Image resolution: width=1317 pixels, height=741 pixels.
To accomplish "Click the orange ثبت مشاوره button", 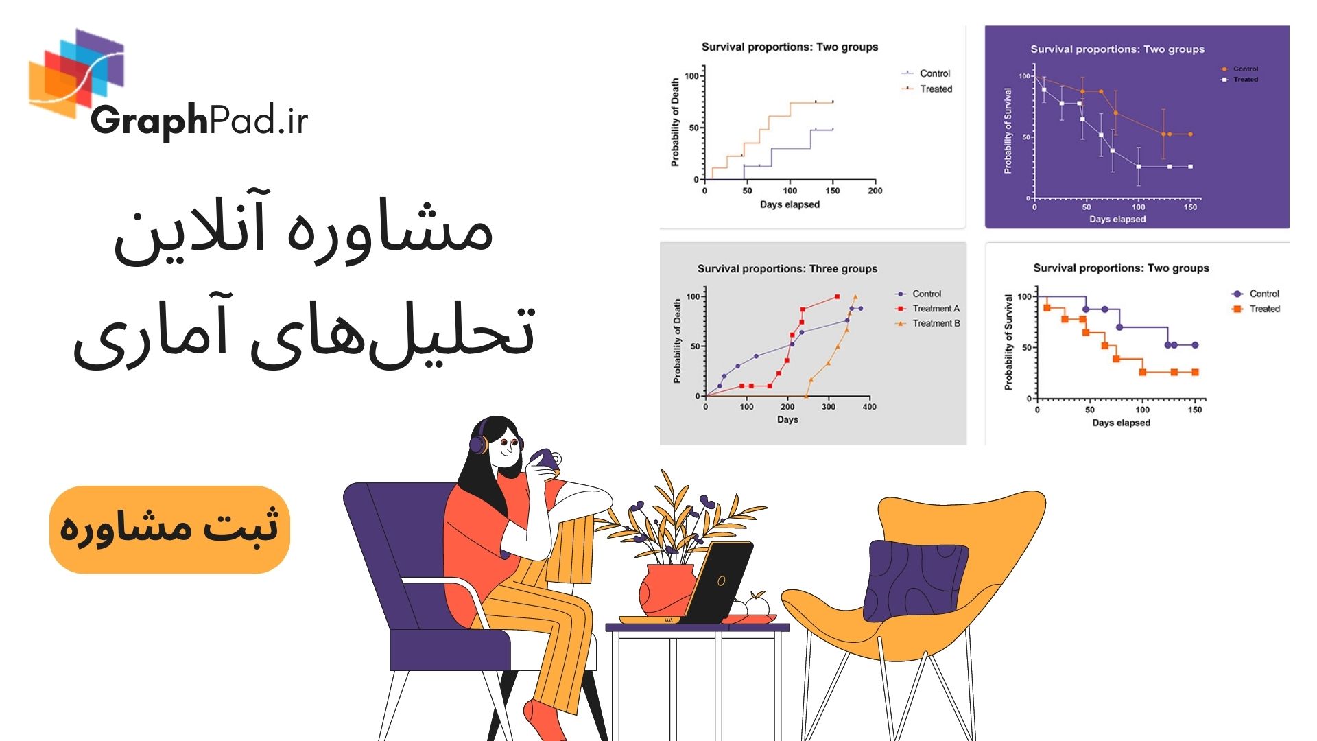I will (x=169, y=529).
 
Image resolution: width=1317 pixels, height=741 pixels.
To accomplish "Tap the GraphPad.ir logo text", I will (x=199, y=121).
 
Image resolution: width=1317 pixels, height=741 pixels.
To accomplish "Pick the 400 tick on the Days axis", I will (x=869, y=407).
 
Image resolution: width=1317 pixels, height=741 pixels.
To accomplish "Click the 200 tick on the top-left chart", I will (x=875, y=191).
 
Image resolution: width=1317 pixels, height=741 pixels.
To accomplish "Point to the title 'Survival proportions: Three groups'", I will (x=787, y=269).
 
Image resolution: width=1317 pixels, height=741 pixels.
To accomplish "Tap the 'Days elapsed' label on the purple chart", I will (x=1117, y=220).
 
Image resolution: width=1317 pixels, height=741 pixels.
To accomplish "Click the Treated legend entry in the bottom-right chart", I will (x=1264, y=309).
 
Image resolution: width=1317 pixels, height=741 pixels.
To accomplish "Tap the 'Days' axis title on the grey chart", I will (x=787, y=419).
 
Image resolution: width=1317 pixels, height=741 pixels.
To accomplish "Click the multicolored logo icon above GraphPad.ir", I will (x=77, y=72).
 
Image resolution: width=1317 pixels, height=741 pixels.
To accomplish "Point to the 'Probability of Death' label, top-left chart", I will (x=675, y=122).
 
